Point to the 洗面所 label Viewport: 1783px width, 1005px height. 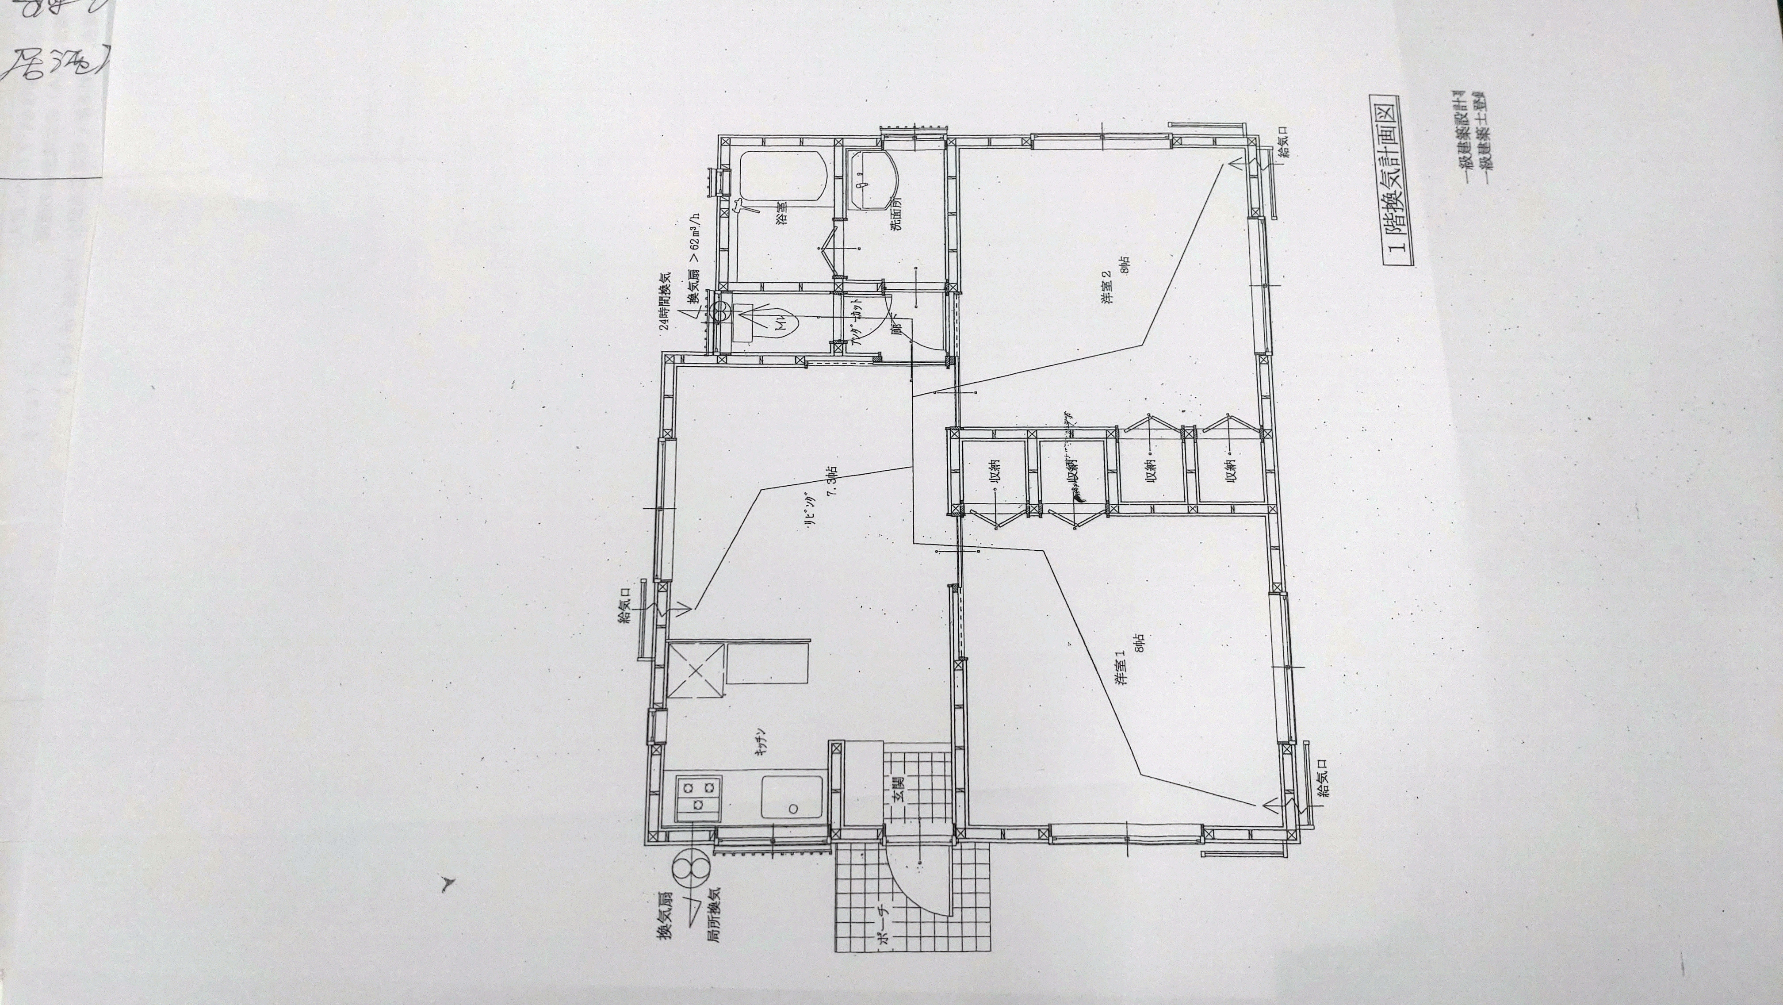pyautogui.click(x=897, y=214)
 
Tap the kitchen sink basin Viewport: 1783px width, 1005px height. pyautogui.click(x=792, y=807)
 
